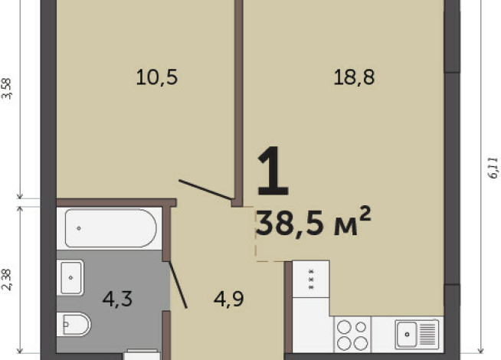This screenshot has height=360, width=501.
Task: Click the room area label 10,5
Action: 156,77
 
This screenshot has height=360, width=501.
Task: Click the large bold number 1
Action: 273,173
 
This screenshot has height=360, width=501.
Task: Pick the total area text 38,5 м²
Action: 313,223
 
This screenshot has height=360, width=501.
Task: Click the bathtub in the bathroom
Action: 111,228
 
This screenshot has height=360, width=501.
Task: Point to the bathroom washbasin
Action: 71,277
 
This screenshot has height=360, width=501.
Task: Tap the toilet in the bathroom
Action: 75,324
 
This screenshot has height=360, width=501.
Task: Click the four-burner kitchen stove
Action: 352,335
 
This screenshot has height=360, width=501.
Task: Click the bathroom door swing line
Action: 178,284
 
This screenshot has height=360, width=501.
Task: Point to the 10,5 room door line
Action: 205,189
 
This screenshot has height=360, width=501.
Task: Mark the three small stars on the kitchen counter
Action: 311,281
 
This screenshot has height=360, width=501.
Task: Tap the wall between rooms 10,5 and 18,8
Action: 237,100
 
